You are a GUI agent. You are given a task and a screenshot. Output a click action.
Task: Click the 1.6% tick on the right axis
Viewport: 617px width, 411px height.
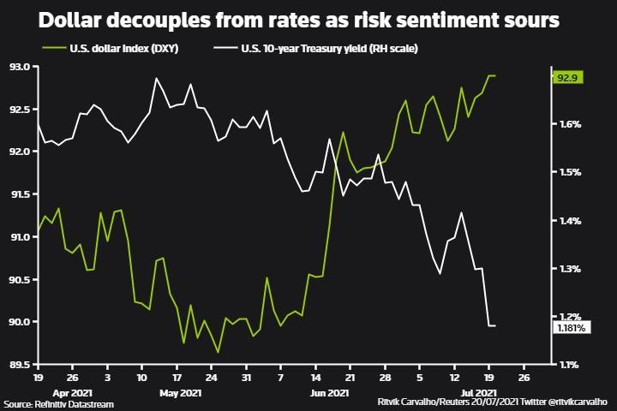point(571,124)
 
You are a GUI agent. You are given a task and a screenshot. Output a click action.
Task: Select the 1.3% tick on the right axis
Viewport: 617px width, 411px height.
point(571,269)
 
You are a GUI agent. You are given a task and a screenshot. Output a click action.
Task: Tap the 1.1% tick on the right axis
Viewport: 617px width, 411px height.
point(571,366)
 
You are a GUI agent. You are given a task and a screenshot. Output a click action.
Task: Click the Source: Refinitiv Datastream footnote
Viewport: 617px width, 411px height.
point(58,403)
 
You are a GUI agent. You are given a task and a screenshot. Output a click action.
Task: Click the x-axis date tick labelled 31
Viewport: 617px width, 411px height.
point(246,377)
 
